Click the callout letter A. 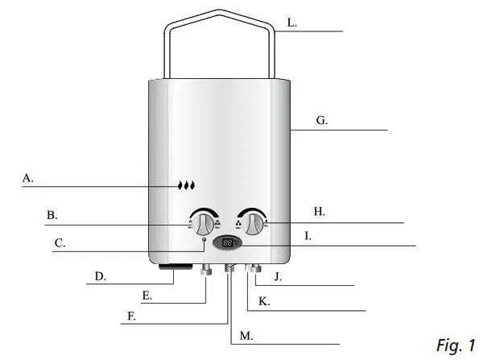click(27, 179)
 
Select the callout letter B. click(51, 215)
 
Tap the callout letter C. click(59, 242)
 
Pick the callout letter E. click(147, 296)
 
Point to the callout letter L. click(292, 23)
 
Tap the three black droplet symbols click(187, 185)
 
